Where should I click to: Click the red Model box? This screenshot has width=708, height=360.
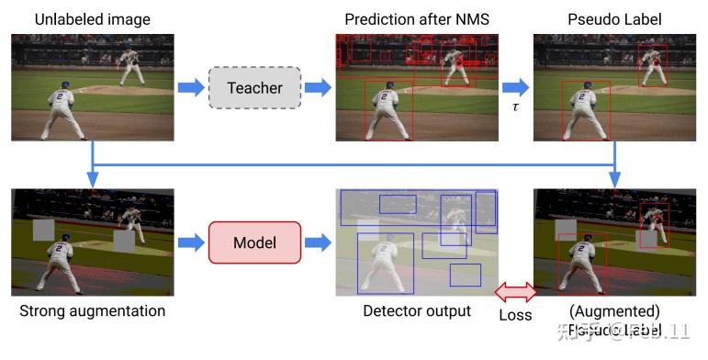254,242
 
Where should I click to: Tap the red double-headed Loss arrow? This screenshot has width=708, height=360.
515,292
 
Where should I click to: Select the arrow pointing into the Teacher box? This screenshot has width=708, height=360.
191,87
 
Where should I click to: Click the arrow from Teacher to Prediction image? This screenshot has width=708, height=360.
317,87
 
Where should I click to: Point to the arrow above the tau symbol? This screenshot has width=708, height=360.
515,87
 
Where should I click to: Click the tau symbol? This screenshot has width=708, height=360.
515,107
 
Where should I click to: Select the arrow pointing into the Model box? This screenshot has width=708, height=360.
191,242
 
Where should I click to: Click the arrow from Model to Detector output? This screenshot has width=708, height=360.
317,242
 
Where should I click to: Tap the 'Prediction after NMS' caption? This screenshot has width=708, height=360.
416,19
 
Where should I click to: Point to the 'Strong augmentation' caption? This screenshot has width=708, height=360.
92,310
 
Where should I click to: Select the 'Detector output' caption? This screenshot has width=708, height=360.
416,311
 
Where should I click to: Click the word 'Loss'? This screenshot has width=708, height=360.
515,314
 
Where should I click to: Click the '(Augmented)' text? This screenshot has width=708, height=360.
614,311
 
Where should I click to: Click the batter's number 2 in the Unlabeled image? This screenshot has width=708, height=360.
62,95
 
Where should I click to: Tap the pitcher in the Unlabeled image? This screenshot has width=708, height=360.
129,63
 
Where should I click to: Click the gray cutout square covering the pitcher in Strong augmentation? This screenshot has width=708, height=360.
124,241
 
